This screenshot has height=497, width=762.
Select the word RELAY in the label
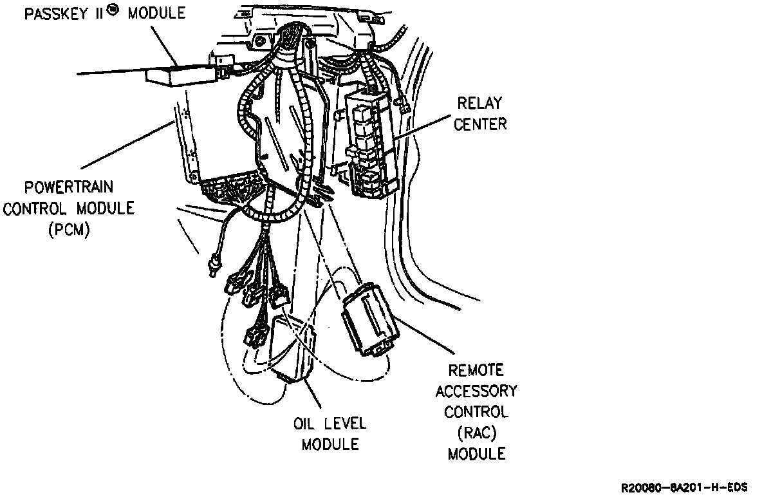[479, 103]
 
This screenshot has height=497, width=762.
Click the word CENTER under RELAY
[480, 124]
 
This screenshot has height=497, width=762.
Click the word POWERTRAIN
[69, 187]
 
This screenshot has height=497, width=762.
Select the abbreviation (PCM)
[68, 230]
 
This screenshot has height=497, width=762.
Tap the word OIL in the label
[305, 424]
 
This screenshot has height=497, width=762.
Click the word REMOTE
[476, 371]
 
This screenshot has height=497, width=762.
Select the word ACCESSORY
[476, 391]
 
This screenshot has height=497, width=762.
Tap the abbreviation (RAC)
[476, 433]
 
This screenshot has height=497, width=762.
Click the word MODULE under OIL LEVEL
[330, 444]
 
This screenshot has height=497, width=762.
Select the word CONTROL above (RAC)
[476, 412]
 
